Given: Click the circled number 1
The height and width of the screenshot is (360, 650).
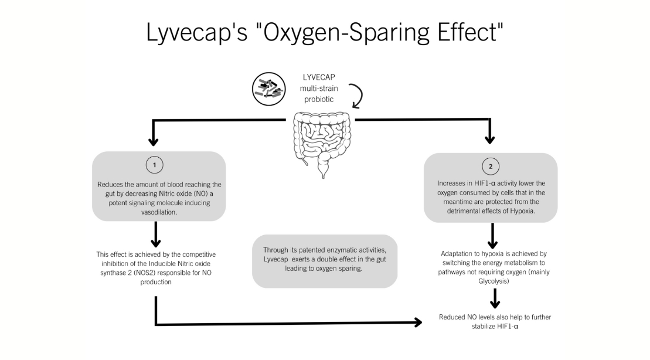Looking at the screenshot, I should click(x=154, y=165).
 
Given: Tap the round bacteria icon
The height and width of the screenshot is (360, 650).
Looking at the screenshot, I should click(x=268, y=88).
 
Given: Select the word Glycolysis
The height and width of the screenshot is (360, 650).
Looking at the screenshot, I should click(x=493, y=281).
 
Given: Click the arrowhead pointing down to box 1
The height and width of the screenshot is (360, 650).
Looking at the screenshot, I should click(x=154, y=141).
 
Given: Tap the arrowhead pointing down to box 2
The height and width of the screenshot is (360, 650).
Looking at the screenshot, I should click(x=489, y=140).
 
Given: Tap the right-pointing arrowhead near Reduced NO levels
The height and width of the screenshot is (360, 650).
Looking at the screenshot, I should click(x=417, y=322).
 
